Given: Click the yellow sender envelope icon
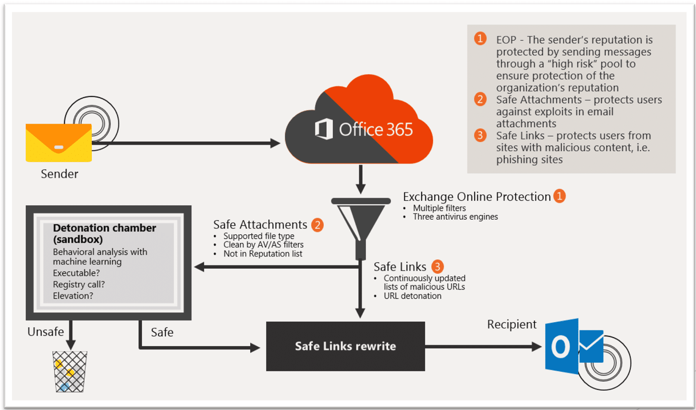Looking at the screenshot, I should click(58, 143).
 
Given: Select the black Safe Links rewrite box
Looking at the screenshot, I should click(345, 346).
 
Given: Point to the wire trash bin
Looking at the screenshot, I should click(70, 371).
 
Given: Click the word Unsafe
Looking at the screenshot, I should click(46, 332).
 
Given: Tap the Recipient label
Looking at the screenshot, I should click(512, 324).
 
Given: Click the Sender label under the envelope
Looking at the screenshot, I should click(59, 174).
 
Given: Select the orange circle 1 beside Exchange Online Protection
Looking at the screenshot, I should click(559, 196).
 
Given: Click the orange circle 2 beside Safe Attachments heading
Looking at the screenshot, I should click(317, 224).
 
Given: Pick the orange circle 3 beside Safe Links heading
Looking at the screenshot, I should click(437, 266).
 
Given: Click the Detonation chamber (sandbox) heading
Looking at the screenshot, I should click(104, 233).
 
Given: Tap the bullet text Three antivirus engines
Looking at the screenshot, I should click(455, 217).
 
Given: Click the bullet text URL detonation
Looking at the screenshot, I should click(412, 296).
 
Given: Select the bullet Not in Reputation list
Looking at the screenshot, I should click(263, 254).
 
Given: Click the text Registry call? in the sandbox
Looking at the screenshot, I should click(79, 284).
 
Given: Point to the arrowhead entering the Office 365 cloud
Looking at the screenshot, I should click(275, 143).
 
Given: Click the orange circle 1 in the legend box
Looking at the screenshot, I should click(480, 39).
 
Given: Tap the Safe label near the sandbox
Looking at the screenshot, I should click(162, 332).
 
